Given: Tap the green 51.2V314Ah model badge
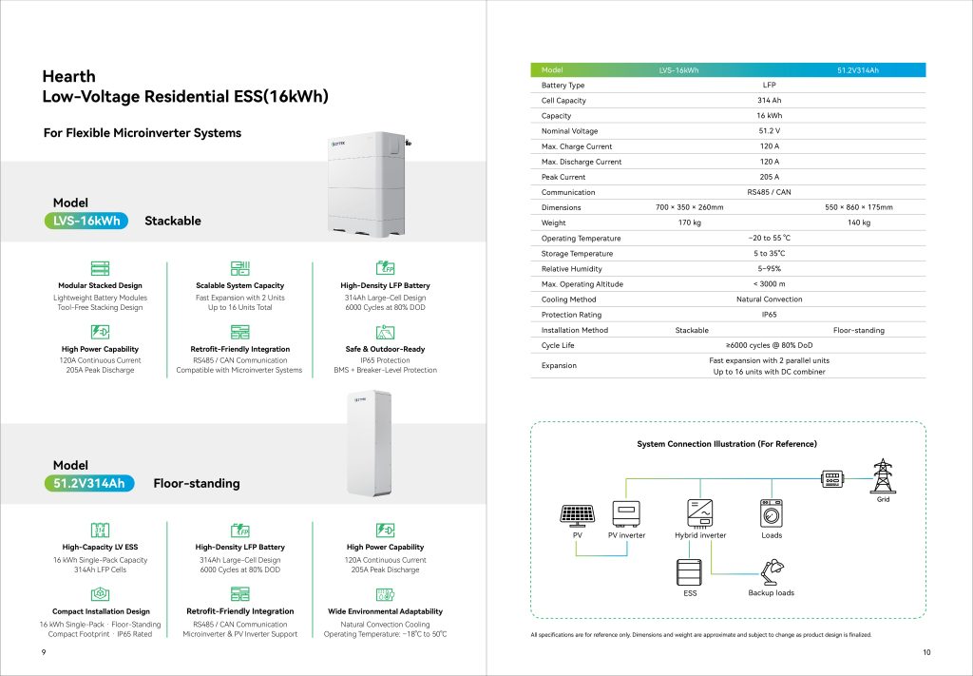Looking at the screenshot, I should [x=89, y=483].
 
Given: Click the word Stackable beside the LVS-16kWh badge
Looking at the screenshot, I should [x=172, y=222].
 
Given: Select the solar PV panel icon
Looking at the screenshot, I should [x=577, y=514].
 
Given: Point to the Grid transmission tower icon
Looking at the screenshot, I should [x=883, y=474].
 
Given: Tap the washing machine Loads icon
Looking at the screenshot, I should [x=772, y=513].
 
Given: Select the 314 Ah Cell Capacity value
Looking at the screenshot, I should [x=769, y=101].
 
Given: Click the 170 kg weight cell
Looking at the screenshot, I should [x=690, y=222].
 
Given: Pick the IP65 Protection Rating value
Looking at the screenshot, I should [x=769, y=315].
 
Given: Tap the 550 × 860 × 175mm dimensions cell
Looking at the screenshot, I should [x=858, y=207].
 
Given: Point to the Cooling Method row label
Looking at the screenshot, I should [x=568, y=299].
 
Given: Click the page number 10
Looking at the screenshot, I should [x=926, y=651].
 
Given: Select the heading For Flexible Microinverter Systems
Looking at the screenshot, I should [x=143, y=133].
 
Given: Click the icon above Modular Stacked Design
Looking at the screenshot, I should [x=99, y=269].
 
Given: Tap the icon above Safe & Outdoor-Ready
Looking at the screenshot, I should [x=385, y=332].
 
